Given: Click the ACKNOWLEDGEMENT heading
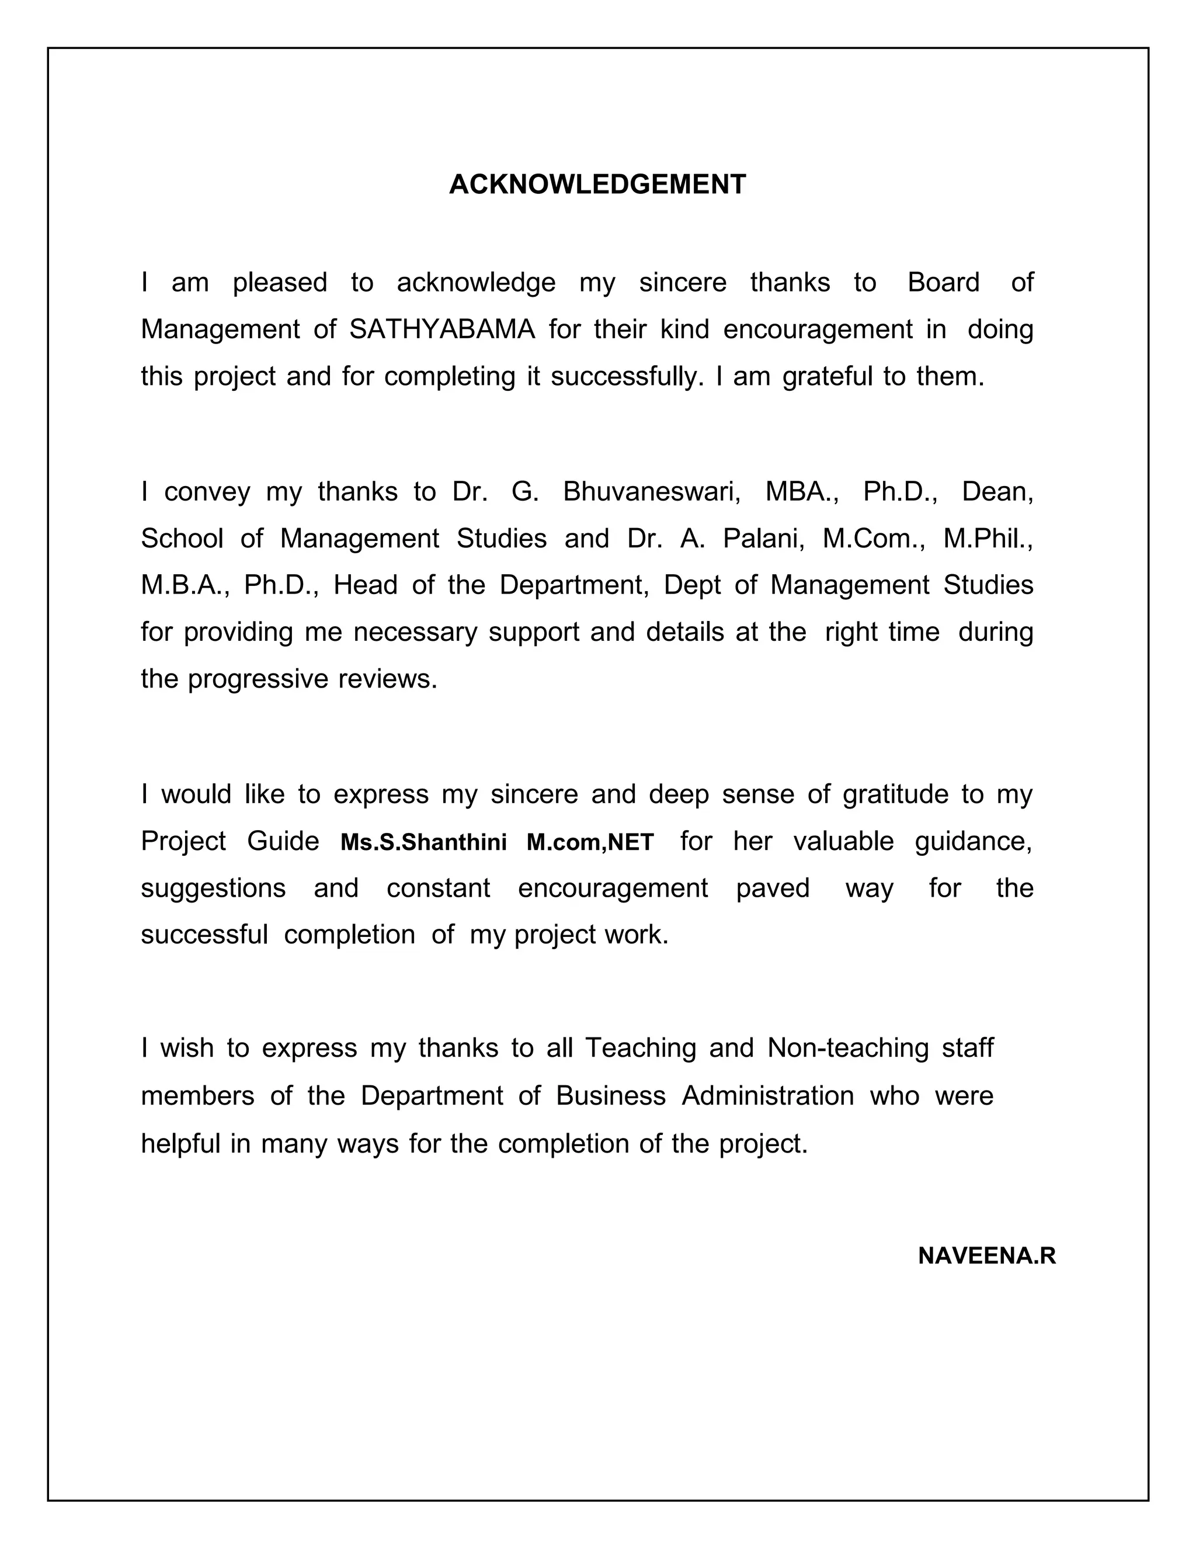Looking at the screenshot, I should coord(597,184).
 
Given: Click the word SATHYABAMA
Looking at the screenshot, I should coord(442,329).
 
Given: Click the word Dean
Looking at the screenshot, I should coord(996,492).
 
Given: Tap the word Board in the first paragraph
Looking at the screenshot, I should coord(943,283).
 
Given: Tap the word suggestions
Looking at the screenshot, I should coord(213,888).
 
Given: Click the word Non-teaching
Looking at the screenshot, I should coord(847,1047).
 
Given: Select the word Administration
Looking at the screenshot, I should coord(767,1096).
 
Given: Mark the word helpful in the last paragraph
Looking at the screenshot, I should coord(180,1143).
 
